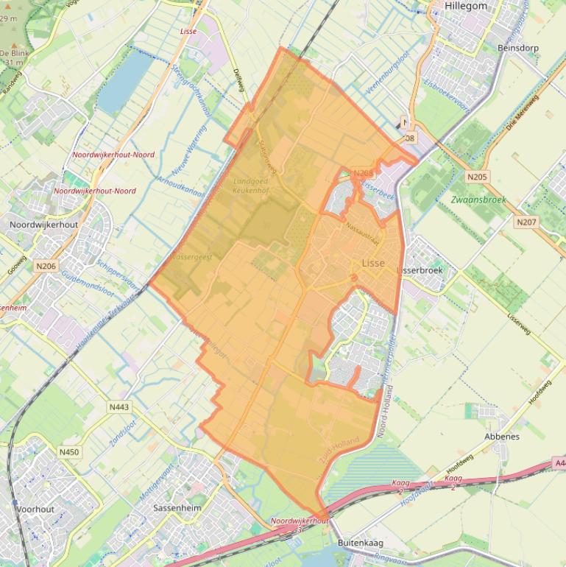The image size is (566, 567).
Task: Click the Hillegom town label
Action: (x=465, y=6)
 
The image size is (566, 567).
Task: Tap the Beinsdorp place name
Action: (x=519, y=48)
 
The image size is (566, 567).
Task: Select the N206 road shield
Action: (x=46, y=266)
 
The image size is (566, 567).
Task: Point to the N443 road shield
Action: (x=118, y=407)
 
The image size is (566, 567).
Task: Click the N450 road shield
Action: (x=69, y=452)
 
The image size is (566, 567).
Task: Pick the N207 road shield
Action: (x=526, y=222)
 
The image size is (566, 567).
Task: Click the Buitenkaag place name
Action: (x=361, y=543)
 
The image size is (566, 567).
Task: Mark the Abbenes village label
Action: (x=502, y=436)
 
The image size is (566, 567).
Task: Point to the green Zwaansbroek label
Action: (x=479, y=200)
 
